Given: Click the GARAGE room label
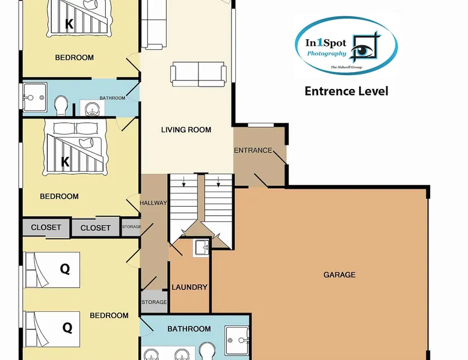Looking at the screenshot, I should [x=339, y=275].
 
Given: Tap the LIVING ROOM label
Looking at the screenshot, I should [x=186, y=130].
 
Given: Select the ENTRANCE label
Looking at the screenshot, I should [x=253, y=150].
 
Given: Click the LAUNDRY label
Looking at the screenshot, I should [x=189, y=287].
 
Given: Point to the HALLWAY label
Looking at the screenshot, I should [x=153, y=203].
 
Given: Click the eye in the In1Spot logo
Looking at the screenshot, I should [x=362, y=50].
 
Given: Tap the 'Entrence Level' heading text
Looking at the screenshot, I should [x=346, y=91].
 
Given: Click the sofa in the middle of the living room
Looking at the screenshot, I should [x=199, y=73].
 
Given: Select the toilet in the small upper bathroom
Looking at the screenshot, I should [x=60, y=106].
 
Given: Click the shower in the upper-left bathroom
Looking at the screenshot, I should [x=34, y=96].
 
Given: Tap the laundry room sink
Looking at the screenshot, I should [x=201, y=247].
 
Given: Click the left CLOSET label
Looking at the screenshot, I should [x=46, y=227].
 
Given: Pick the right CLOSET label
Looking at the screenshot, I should [x=95, y=228].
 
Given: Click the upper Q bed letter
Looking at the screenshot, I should [x=65, y=269].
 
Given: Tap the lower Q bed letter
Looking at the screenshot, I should [x=67, y=328].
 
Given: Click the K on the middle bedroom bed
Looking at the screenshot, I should [x=65, y=162].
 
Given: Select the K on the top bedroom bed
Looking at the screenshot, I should [x=69, y=25].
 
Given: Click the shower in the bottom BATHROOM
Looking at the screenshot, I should [x=238, y=341].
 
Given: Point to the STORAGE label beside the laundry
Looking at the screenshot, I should [x=154, y=302].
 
